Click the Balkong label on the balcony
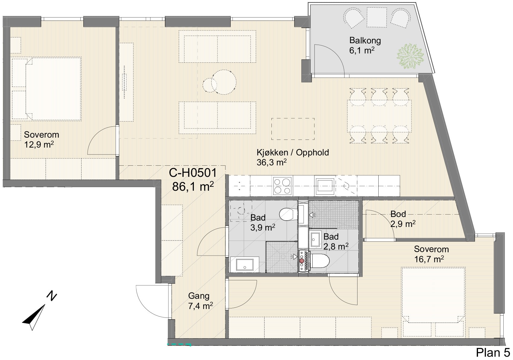pos(365,41)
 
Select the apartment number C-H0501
pos(193,173)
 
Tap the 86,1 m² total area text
pos(193,186)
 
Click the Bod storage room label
pos(398,214)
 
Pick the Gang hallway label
pos(199,296)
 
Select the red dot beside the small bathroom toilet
pos(302,261)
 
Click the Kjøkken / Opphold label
pos(293,152)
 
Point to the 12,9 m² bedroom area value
pos(39,145)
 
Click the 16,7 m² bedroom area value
pos(429,259)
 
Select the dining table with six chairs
pos(379,116)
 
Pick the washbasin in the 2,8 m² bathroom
pos(315,239)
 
